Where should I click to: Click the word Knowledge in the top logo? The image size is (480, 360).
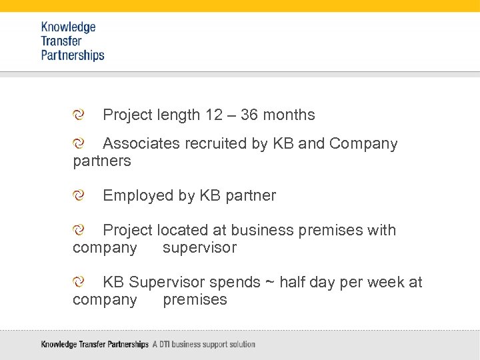pos(68,27)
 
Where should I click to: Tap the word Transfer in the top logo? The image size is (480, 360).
pos(61,41)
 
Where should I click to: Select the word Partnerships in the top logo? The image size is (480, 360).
pos(73,55)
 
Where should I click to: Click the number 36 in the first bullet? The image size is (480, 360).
pos(249,115)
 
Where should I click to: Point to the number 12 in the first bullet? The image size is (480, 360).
pos(214,115)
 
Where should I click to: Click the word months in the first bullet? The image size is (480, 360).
pos(289,115)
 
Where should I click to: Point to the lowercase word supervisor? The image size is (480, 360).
pos(199,248)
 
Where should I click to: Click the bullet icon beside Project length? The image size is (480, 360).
pos(79,115)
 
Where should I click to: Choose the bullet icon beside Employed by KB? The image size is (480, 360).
pos(79,195)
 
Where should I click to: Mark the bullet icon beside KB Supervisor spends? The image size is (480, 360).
pos(79,282)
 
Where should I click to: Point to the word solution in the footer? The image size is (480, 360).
pos(241,345)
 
